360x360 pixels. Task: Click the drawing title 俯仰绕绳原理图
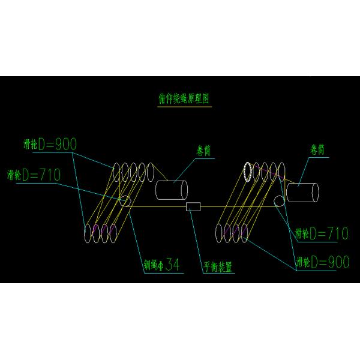181,99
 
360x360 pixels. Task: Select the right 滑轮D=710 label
322,233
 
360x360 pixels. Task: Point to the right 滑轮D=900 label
322,262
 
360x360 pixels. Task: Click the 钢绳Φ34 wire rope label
161,263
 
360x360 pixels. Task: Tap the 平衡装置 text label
218,266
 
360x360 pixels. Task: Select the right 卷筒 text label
318,149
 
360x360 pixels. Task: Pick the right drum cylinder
302,192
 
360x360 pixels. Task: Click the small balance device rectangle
194,207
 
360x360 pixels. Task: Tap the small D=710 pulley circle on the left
125,200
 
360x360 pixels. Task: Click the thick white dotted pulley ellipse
247,172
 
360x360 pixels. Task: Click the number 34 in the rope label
172,263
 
